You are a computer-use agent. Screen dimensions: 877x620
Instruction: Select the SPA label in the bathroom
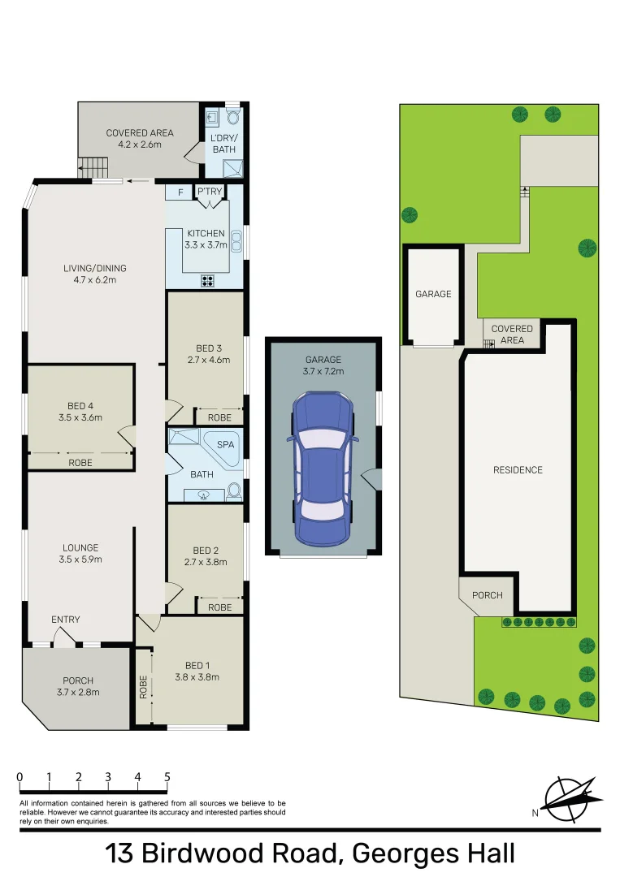coord(224,445)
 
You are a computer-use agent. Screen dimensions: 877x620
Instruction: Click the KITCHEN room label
coord(205,233)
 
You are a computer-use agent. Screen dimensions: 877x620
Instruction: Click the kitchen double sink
coord(237,240)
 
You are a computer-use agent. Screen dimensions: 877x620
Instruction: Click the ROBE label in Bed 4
coord(80,462)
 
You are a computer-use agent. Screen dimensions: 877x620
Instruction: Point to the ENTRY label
coord(66,620)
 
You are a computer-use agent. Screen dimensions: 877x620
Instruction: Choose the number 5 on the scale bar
coord(167,777)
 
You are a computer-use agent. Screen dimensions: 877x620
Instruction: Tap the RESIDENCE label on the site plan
coord(518,469)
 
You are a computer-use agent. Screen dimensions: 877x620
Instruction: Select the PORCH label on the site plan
coord(488,595)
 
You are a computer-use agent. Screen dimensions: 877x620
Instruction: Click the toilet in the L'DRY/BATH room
coord(233,117)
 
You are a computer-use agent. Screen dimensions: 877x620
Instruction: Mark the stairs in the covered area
coord(93,169)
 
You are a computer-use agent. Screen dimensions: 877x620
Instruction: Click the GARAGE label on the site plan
coord(433,294)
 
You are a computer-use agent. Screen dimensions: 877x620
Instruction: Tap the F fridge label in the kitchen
coord(179,192)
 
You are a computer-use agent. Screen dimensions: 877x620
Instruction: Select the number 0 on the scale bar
coord(20,777)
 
